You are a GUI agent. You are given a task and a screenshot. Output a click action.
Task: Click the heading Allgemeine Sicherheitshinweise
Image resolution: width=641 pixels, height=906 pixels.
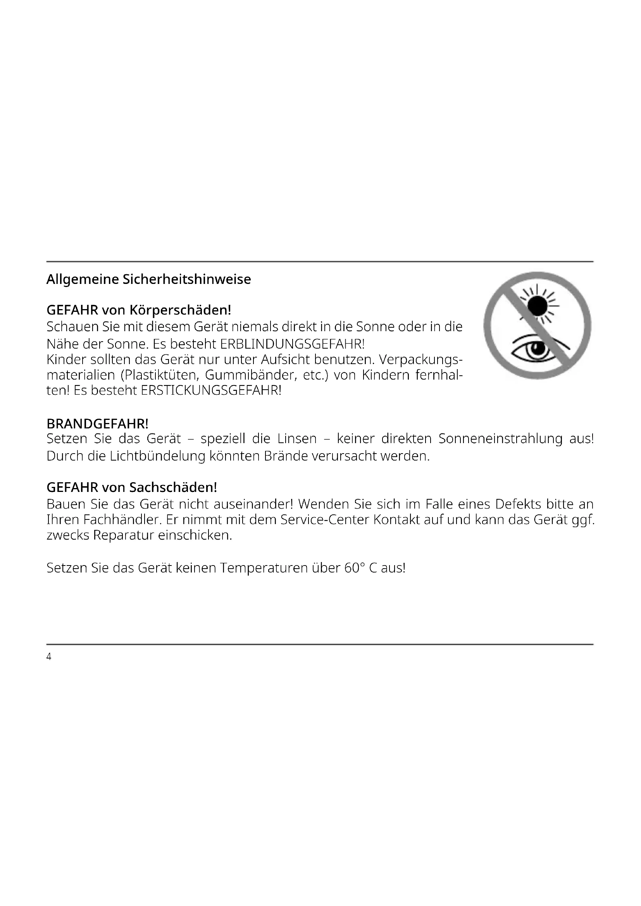point(148,279)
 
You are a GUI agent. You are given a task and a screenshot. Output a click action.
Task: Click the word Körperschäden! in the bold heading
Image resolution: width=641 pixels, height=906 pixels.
point(180,310)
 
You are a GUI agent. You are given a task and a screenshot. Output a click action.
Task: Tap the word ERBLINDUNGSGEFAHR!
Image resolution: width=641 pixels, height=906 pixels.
point(292,344)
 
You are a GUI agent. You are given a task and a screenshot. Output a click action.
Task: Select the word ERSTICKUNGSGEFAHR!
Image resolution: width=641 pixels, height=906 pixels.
point(211,391)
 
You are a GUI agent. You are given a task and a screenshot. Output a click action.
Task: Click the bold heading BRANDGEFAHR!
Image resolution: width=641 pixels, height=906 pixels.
point(97,424)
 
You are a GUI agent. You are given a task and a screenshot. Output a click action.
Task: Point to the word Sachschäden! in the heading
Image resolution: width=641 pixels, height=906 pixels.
point(173,487)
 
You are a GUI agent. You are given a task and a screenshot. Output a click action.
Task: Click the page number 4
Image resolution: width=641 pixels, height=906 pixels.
point(49,657)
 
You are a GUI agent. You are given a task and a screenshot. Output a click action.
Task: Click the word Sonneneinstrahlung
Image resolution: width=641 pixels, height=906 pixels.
point(500,439)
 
